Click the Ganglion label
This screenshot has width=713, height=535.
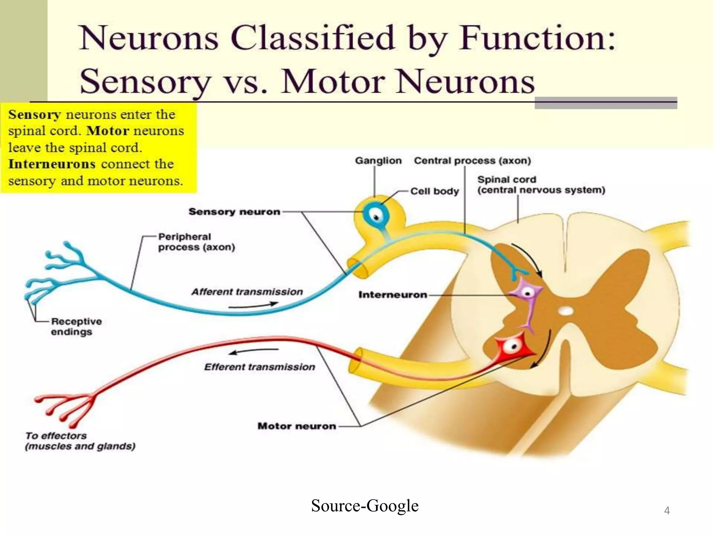pyautogui.click(x=378, y=161)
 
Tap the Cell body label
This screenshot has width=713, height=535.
pyautogui.click(x=434, y=191)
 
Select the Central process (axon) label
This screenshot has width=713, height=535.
pyautogui.click(x=472, y=161)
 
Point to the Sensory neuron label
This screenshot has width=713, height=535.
pyautogui.click(x=234, y=211)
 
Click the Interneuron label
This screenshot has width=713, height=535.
pyautogui.click(x=392, y=295)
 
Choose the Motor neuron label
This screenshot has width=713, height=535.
pyautogui.click(x=297, y=426)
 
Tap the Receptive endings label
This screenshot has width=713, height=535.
pyautogui.click(x=76, y=326)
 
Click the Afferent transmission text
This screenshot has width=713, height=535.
pyautogui.click(x=247, y=292)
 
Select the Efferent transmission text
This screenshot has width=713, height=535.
pyautogui.click(x=259, y=367)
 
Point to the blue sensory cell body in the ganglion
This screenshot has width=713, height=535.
pyautogui.click(x=376, y=216)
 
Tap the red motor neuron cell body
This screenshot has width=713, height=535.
pyautogui.click(x=513, y=346)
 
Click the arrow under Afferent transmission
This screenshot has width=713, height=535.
pyautogui.click(x=253, y=306)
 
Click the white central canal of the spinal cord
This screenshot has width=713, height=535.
pyautogui.click(x=565, y=310)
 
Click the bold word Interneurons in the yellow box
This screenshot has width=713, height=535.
pyautogui.click(x=52, y=164)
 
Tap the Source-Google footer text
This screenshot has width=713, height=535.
pyautogui.click(x=365, y=505)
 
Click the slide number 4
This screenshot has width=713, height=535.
pyautogui.click(x=667, y=510)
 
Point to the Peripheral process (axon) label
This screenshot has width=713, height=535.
pyautogui.click(x=196, y=242)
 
